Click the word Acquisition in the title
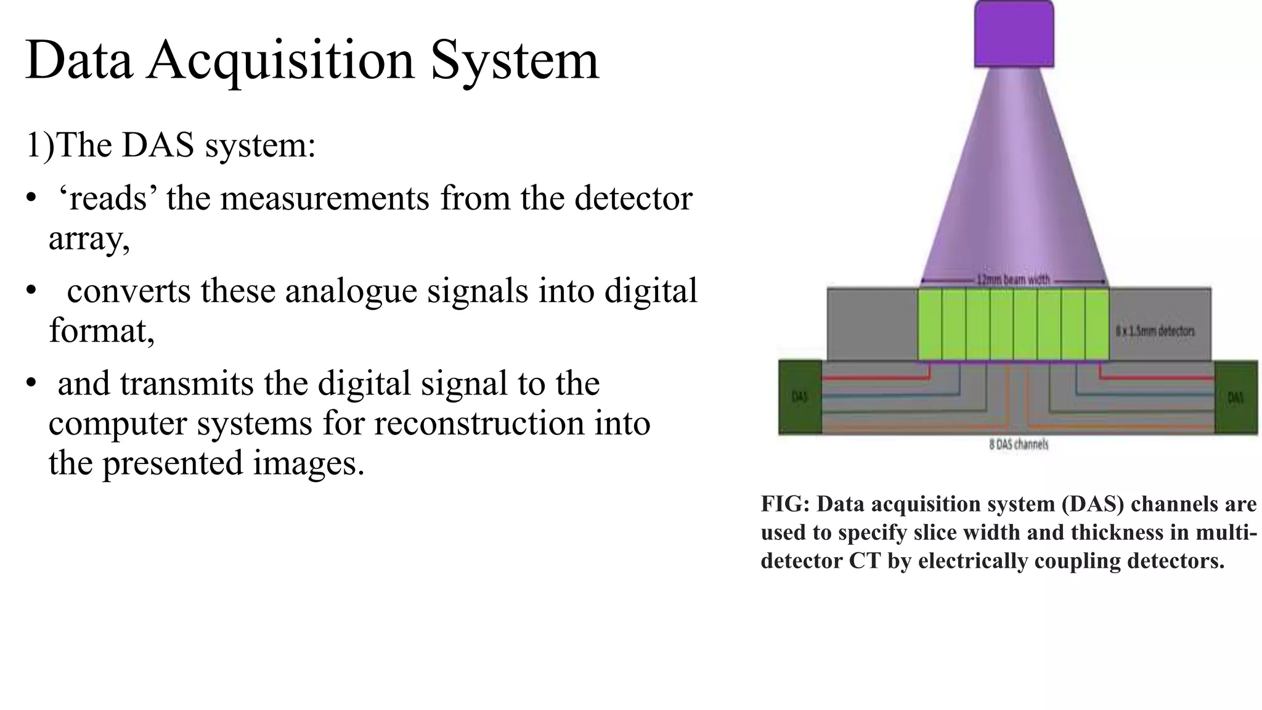[280, 62]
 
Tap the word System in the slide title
[515, 62]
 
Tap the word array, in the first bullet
[89, 239]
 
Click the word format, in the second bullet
[102, 332]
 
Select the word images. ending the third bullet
[309, 463]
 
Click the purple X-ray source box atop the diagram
[1014, 34]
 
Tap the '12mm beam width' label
[1014, 280]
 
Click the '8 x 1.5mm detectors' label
[1155, 331]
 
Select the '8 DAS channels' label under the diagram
[1019, 444]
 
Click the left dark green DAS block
[800, 398]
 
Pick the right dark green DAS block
[1236, 398]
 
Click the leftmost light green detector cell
[930, 325]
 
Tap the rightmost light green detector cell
[1097, 325]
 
